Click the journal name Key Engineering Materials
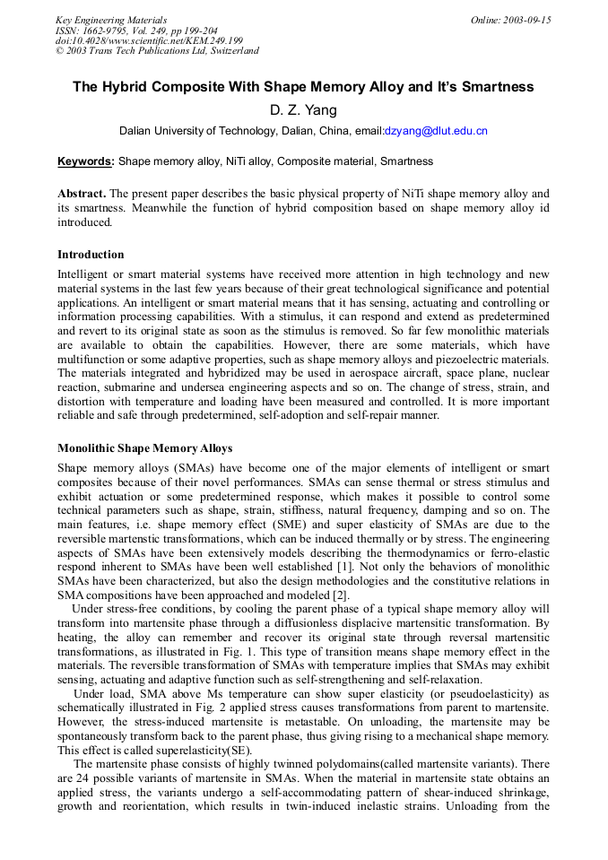tap(111, 20)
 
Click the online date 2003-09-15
tap(510, 20)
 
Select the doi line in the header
tap(149, 40)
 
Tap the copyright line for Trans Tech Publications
tap(157, 51)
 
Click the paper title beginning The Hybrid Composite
tap(303, 87)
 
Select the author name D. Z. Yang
tap(303, 110)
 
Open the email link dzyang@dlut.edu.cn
tap(436, 131)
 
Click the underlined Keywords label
tap(85, 162)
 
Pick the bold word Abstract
tap(82, 194)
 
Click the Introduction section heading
tap(91, 255)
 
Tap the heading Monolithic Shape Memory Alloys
tap(144, 448)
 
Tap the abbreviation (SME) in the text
tap(311, 525)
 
